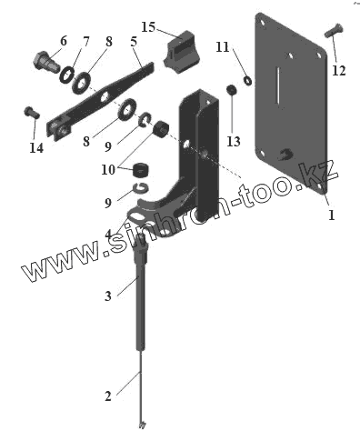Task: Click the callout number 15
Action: coord(148,27)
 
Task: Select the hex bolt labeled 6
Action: coord(45,63)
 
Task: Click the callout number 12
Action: coord(339,71)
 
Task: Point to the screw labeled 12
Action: coord(334,30)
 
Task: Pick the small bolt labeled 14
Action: coord(32,113)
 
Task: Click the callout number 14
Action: coord(36,148)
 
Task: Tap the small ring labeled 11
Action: coord(247,81)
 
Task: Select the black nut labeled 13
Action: coord(232,90)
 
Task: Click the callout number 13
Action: coord(234,142)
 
